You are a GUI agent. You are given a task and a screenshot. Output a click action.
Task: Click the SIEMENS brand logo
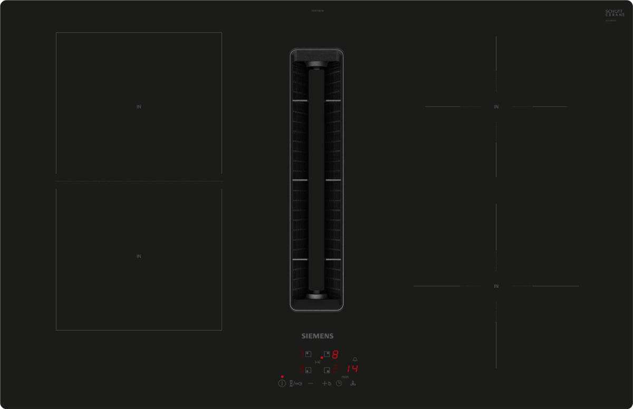[x=317, y=336]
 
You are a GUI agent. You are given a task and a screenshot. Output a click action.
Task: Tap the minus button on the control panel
[x=310, y=383]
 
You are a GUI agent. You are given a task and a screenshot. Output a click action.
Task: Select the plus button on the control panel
[x=324, y=383]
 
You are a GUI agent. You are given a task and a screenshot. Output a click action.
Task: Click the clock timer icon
[x=339, y=383]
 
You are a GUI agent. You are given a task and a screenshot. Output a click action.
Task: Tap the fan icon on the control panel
[x=353, y=383]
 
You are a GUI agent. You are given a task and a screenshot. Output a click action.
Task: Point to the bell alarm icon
[x=355, y=359]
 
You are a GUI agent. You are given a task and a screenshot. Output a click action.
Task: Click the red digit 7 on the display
[x=302, y=354]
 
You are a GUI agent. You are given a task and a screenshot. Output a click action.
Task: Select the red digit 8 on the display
[x=334, y=354]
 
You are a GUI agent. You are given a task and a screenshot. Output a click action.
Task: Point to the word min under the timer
[x=345, y=377]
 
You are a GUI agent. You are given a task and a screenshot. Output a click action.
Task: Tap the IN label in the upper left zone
[x=139, y=107]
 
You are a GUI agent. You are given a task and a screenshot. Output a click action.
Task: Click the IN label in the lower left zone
[x=139, y=256]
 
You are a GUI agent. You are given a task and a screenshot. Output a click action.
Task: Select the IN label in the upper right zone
[x=496, y=107]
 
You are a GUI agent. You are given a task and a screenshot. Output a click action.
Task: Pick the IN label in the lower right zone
[x=496, y=286]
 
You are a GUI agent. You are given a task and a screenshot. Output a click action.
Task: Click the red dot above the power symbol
[x=282, y=377]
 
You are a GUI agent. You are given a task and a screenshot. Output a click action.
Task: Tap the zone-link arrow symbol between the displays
[x=318, y=362]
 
